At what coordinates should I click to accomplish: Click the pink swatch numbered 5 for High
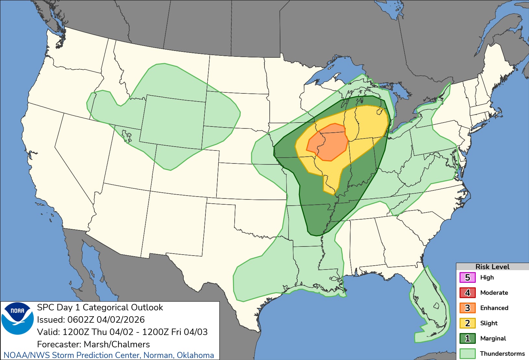click(x=467, y=278)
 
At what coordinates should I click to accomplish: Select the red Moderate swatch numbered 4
click(x=467, y=293)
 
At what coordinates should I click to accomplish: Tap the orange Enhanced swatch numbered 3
click(x=467, y=308)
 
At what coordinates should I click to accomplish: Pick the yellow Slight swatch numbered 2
click(x=467, y=323)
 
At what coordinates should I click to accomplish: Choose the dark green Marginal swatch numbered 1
click(x=467, y=339)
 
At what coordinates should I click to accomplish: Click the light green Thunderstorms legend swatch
click(x=467, y=354)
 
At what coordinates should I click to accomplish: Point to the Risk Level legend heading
click(x=492, y=267)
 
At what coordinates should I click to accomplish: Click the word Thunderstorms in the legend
click(x=502, y=354)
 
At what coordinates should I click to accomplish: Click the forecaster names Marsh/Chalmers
click(x=117, y=344)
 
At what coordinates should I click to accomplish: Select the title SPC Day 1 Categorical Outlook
click(x=100, y=307)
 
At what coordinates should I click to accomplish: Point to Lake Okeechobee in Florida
click(x=437, y=306)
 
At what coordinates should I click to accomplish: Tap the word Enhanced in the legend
click(x=494, y=308)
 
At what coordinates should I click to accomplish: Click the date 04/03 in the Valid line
click(x=196, y=332)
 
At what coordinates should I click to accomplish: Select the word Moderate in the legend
click(x=494, y=293)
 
